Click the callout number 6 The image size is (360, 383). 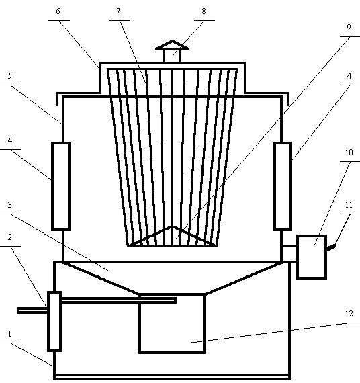point(58,11)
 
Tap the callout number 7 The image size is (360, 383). point(119,11)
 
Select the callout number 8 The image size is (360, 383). point(204,11)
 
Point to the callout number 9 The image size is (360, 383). point(349,27)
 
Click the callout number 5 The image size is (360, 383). point(10,76)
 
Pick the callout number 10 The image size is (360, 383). point(349,153)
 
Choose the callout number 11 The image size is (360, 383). point(349,205)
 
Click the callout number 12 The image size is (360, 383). point(349,314)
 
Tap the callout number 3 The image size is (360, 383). point(10,205)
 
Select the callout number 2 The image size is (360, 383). point(10,237)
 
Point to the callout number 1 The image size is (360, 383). point(10,334)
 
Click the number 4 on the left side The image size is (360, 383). point(10,140)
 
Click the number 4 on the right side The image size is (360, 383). point(349,76)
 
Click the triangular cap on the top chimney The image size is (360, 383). point(172,45)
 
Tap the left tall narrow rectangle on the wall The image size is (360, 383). point(61,186)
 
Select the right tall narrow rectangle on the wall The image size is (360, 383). point(283,186)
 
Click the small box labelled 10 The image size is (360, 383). point(312,257)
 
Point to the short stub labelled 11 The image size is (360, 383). point(331,248)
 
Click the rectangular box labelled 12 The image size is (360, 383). point(172,323)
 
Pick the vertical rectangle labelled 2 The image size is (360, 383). point(54,321)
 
